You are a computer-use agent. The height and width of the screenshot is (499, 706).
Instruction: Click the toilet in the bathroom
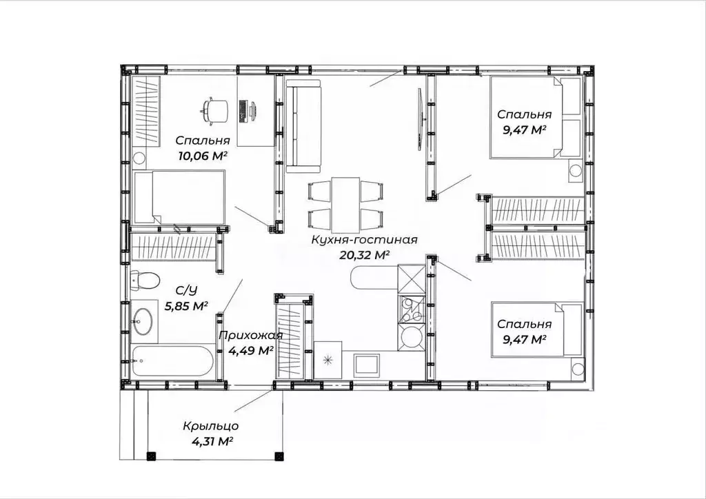click(145, 280)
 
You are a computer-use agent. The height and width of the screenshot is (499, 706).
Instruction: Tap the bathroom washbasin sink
click(142, 321)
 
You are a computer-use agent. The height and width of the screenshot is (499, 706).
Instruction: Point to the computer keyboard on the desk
click(243, 111)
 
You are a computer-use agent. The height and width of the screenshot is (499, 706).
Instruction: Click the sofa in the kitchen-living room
click(303, 125)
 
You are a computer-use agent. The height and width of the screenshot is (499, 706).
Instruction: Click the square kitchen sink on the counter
click(367, 365)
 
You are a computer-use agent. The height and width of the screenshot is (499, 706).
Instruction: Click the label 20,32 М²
click(364, 256)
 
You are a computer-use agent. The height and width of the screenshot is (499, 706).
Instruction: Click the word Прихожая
click(251, 336)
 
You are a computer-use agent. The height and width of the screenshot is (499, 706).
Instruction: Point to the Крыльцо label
click(211, 426)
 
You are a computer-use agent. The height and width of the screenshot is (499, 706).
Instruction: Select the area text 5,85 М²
click(186, 307)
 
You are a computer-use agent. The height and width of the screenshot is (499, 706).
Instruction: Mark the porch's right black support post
click(279, 456)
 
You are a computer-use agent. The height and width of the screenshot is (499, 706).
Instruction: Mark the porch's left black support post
click(151, 456)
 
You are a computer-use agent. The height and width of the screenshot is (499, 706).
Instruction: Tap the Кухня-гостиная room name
click(365, 240)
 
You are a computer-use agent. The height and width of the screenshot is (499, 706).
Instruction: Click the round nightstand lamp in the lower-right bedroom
click(577, 368)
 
